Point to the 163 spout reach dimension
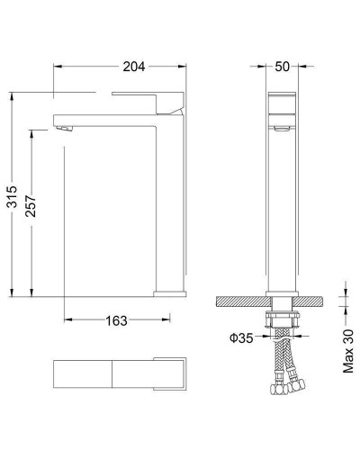coord(115,320)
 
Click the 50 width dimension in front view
coord(281,66)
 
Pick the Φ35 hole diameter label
coord(239,337)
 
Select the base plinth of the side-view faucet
coord(169,292)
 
